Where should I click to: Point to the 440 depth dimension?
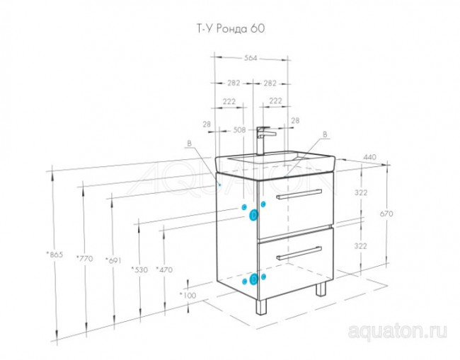(370, 158)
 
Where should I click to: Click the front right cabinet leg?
(321, 289)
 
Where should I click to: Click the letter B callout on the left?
(189, 144)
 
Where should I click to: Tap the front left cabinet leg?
(263, 304)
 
